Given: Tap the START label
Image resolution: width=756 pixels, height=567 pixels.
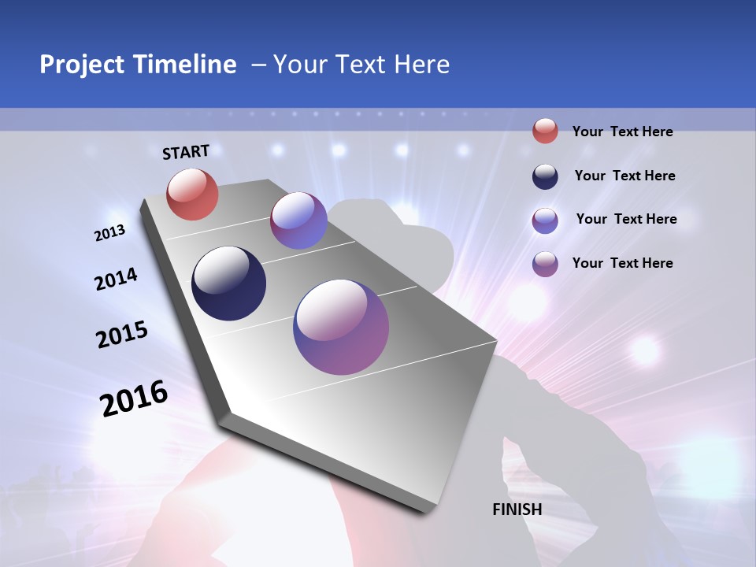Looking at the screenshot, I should (x=186, y=152).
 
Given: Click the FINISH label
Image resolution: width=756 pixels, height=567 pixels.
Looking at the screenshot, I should (x=517, y=510).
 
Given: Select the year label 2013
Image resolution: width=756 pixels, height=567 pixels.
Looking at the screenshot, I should (x=109, y=233).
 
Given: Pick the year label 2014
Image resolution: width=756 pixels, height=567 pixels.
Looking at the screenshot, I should (x=116, y=280).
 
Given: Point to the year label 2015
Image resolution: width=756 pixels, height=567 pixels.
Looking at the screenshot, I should (x=122, y=335).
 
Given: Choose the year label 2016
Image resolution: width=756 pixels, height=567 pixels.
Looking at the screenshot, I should (x=134, y=398).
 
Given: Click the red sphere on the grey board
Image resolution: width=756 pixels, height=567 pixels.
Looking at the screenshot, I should (x=193, y=194).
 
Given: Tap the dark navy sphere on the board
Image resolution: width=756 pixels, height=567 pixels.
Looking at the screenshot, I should (x=228, y=283).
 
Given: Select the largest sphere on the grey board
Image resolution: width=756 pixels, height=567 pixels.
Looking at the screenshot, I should (x=341, y=326).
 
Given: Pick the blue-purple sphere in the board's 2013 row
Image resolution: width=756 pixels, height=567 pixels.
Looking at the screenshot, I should (x=298, y=220).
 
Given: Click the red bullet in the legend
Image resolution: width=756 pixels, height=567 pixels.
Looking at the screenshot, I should (x=545, y=132).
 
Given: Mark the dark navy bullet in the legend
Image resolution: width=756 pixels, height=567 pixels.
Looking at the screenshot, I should (x=545, y=176).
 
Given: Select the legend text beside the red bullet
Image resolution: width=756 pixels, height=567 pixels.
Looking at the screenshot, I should (x=622, y=132).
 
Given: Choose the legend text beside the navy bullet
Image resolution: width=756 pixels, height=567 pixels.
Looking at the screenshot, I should (x=624, y=176).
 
